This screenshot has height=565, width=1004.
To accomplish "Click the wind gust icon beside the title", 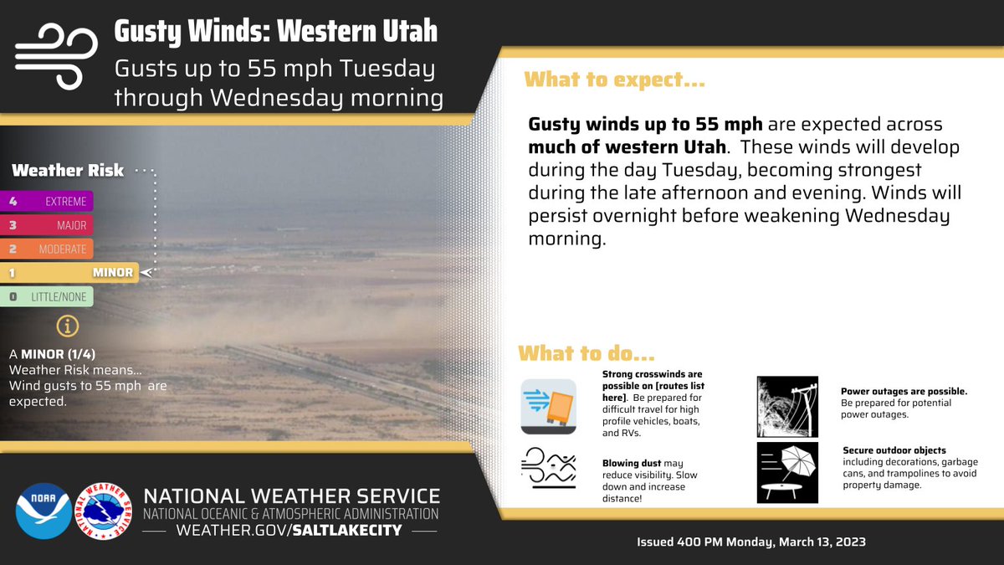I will tap(53, 55).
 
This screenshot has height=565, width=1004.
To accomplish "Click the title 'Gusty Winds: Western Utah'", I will tap(275, 32).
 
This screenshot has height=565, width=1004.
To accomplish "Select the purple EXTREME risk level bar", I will tap(47, 201).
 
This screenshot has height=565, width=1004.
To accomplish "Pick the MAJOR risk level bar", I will tap(47, 225).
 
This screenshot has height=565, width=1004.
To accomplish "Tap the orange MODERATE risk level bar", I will tap(47, 249).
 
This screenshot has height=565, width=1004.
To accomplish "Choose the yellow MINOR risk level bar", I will tap(69, 272).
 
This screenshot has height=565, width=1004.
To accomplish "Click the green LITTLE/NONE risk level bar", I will tap(47, 296).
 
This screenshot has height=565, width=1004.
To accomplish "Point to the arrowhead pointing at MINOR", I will tap(147, 272).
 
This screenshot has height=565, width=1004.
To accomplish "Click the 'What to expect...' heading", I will tap(613, 81).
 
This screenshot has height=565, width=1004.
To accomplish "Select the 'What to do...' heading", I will tap(586, 352).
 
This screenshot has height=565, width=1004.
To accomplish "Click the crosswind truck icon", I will tap(548, 405).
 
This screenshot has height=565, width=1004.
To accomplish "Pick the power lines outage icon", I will tap(786, 406).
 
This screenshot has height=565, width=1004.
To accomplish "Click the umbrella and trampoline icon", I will tap(786, 472).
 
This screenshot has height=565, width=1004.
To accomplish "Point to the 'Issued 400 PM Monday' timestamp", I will tap(750, 542).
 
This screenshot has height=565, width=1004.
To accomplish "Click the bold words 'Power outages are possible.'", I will tap(904, 391).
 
